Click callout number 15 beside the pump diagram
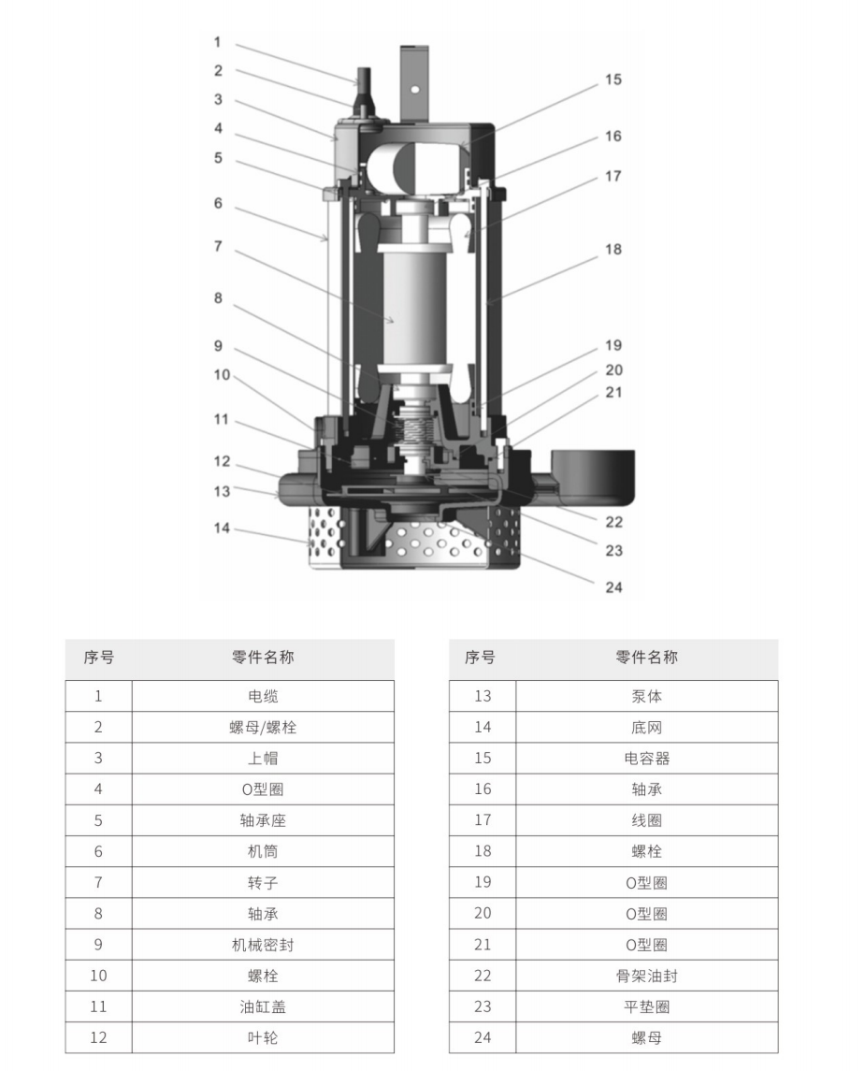(613, 80)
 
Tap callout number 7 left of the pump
(218, 246)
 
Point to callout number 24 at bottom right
(613, 587)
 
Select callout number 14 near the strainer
(222, 528)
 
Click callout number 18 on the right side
(613, 250)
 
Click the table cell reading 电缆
(263, 696)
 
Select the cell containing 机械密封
(263, 945)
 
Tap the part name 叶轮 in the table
(263, 1037)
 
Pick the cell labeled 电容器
(646, 759)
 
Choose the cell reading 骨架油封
(646, 976)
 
